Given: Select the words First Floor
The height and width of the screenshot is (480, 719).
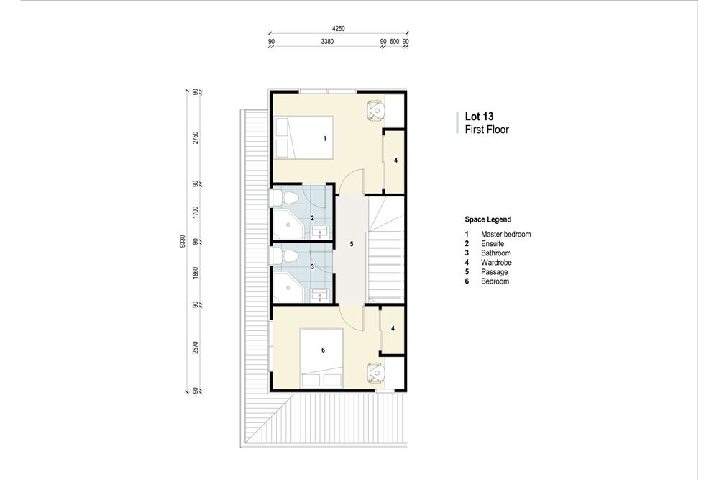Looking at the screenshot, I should (x=487, y=130).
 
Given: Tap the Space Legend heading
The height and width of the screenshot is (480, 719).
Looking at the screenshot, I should (x=488, y=219).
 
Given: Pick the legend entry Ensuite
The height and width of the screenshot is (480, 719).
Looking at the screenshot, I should (x=493, y=244).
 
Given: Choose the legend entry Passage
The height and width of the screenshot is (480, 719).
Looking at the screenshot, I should (x=494, y=272).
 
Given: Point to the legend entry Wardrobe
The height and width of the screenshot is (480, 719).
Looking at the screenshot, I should (x=495, y=263).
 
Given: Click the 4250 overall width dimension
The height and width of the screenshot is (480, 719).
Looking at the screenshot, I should (x=339, y=28).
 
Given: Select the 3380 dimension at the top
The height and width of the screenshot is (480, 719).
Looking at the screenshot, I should (x=327, y=42).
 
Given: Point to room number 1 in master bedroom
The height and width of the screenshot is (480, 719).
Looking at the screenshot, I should (x=325, y=137).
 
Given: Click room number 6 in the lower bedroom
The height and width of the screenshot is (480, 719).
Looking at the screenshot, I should (x=323, y=350).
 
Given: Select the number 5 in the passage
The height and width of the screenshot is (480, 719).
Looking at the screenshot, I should (x=352, y=244).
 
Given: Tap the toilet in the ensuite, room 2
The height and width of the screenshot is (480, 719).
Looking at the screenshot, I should (x=286, y=196).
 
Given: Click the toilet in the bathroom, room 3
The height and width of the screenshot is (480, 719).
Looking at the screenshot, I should (x=286, y=257).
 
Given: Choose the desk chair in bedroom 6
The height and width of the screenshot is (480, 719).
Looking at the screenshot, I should (x=375, y=372).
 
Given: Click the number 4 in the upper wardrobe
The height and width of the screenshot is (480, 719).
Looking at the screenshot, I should (x=395, y=160).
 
